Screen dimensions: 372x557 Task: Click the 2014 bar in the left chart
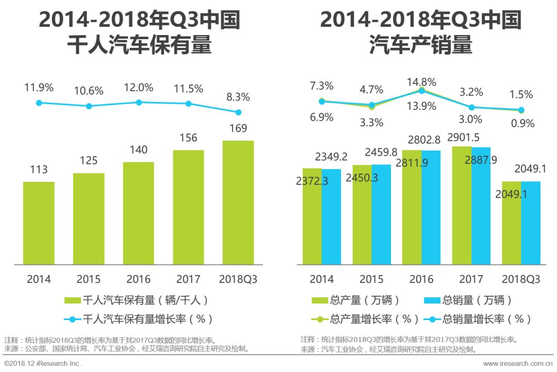tap(39, 223)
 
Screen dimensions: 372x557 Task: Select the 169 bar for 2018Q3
tap(238, 202)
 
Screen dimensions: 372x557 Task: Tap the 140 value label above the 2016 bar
tap(139, 150)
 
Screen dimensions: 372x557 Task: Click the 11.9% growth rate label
tap(39, 88)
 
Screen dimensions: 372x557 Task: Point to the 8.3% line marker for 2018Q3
tap(238, 112)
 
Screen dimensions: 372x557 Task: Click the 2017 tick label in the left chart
tap(188, 279)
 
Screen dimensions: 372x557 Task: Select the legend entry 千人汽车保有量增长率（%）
tap(139, 319)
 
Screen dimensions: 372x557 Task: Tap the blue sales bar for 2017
tap(481, 206)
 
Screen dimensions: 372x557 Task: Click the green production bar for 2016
tap(412, 208)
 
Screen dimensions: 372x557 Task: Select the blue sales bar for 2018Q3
tap(531, 223)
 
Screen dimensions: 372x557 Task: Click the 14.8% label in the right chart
tap(421, 82)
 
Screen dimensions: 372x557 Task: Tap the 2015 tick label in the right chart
tap(371, 279)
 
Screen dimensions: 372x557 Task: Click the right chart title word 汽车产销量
tap(420, 46)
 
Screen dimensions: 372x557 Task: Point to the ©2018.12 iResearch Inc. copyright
tap(43, 364)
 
